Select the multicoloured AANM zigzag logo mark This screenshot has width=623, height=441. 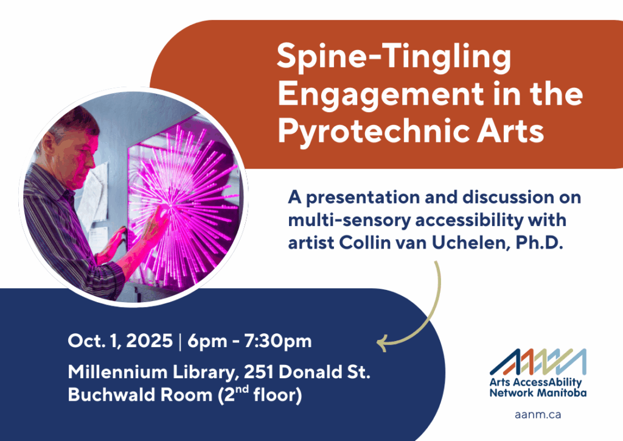[x=538, y=362]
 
